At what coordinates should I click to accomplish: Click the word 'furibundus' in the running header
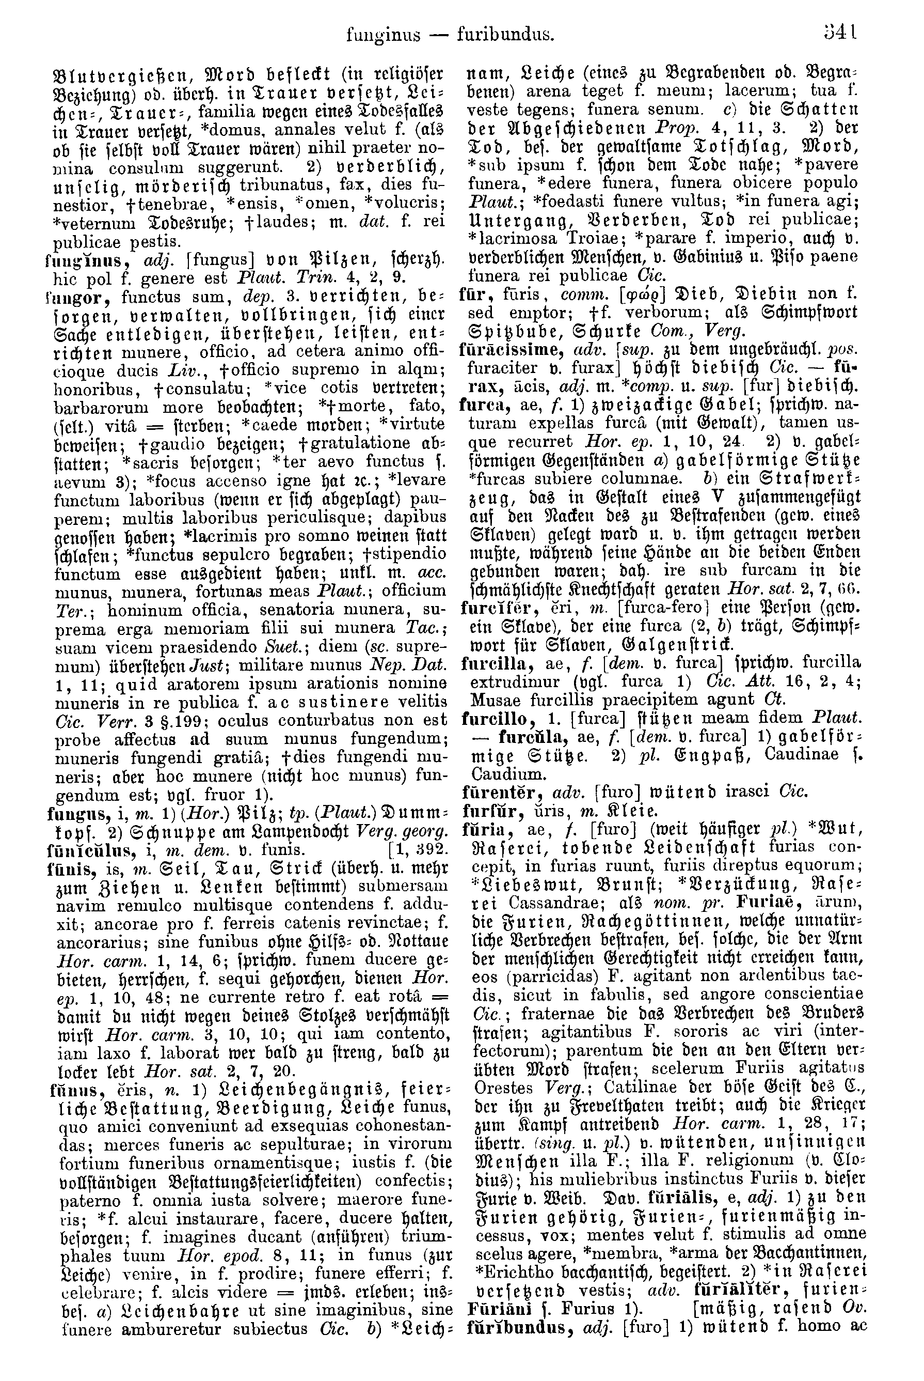click(505, 35)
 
